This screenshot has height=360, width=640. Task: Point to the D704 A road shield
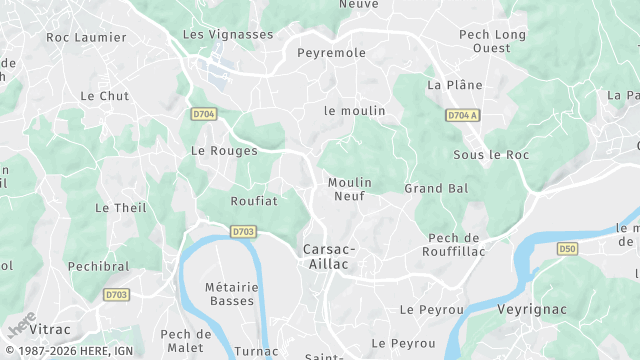click(463, 116)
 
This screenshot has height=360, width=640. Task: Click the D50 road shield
click(568, 248)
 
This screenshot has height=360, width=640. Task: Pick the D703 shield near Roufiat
click(243, 232)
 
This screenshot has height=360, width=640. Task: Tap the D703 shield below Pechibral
click(115, 295)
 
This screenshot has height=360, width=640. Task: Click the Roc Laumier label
click(87, 37)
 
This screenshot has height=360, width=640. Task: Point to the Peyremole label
click(332, 52)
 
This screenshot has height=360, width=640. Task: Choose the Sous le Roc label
click(490, 155)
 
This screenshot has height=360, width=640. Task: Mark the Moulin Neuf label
click(350, 189)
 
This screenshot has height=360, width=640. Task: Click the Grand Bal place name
click(436, 188)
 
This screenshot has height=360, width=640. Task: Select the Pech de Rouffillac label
click(454, 244)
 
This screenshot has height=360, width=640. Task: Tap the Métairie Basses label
click(232, 294)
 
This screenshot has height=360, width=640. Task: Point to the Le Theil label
click(120, 208)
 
